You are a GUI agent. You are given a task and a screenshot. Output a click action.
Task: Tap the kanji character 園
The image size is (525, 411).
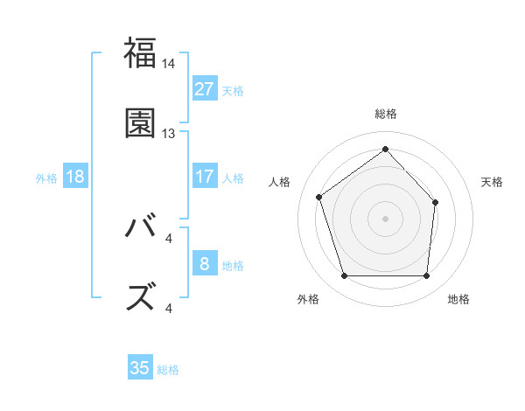click(140, 122)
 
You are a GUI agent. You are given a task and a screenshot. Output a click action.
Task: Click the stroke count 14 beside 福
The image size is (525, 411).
click(169, 64)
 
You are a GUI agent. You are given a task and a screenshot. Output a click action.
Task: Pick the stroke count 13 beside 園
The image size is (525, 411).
click(169, 134)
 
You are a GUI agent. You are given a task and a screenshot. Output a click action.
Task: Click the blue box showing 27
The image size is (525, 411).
click(204, 88)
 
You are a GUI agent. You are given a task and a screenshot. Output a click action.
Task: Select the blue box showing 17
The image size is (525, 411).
click(204, 176)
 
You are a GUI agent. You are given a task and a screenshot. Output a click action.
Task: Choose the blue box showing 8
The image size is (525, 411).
click(204, 263)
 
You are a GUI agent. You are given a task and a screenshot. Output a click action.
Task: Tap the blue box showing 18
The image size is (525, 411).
click(75, 176)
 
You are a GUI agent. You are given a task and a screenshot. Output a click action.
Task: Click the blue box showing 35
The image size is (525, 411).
click(140, 368)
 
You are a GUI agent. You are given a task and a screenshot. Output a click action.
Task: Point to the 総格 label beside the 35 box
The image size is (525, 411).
click(168, 370)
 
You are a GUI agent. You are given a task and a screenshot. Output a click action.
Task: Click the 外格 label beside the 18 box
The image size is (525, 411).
click(46, 178)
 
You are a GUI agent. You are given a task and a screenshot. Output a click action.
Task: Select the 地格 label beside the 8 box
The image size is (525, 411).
click(233, 265)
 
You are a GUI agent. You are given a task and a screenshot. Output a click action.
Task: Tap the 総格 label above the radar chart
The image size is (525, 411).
click(385, 114)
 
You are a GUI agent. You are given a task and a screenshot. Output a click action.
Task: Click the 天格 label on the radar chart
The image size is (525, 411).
click(492, 182)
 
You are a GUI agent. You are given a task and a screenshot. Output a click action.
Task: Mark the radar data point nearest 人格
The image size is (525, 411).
click(319, 197)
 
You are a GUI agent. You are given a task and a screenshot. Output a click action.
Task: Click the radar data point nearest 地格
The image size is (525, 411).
click(426, 276)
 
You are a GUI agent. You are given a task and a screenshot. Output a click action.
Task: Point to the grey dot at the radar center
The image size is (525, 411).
click(385, 218)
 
